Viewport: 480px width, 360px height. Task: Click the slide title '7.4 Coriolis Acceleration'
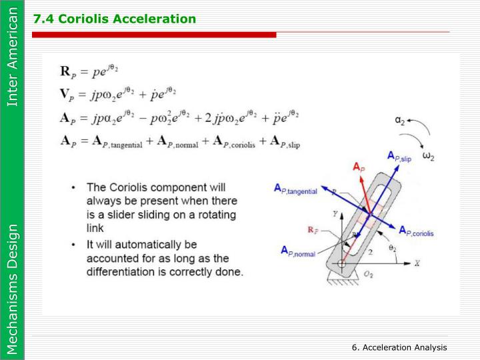pyautogui.click(x=114, y=18)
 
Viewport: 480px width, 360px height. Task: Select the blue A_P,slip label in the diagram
pyautogui.click(x=400, y=157)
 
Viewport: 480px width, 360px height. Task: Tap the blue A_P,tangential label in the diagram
pyautogui.click(x=299, y=191)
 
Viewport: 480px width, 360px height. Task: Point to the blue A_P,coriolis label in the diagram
pyautogui.click(x=417, y=231)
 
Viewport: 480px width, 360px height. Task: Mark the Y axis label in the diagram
pyautogui.click(x=337, y=214)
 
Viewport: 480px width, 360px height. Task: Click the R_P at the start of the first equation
pyautogui.click(x=67, y=70)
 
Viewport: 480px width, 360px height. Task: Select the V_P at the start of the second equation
pyautogui.click(x=67, y=93)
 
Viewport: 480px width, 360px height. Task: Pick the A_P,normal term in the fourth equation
pyautogui.click(x=178, y=142)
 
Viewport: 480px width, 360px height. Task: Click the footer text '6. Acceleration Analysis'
pyautogui.click(x=400, y=348)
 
